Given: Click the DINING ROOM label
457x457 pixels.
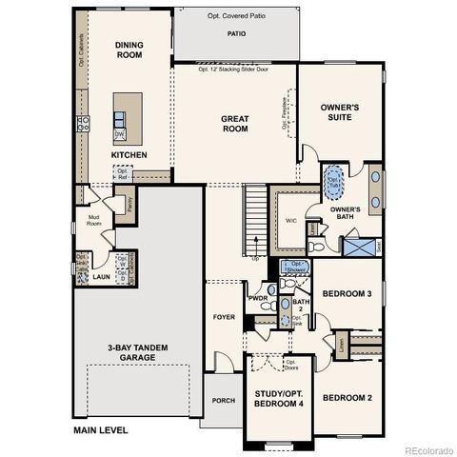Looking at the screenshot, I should pyautogui.click(x=129, y=50).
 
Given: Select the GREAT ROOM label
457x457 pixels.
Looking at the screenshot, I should pyautogui.click(x=235, y=125).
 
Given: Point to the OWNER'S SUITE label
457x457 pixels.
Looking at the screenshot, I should pyautogui.click(x=339, y=112).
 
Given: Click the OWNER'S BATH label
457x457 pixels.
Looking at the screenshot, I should pyautogui.click(x=345, y=212).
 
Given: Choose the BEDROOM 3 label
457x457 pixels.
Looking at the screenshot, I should pyautogui.click(x=347, y=293).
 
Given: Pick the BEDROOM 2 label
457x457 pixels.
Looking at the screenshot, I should pyautogui.click(x=347, y=397).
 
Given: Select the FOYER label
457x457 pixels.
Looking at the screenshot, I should pyautogui.click(x=224, y=317).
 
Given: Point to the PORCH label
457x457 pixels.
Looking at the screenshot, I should pyautogui.click(x=224, y=401).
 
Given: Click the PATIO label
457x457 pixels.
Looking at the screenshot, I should pyautogui.click(x=236, y=33).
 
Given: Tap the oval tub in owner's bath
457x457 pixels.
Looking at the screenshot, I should pyautogui.click(x=335, y=179).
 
